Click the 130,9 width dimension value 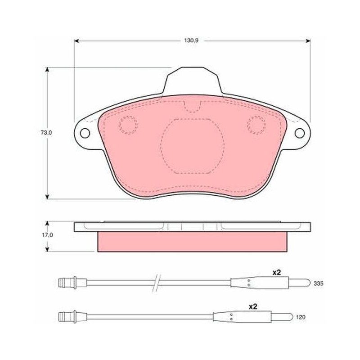(191, 40)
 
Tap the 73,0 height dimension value (46, 132)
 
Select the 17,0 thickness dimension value (47, 235)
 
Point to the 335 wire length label (319, 283)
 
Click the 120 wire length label (301, 317)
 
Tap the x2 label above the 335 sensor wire (276, 273)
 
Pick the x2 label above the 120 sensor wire (253, 306)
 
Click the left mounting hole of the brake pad (85, 133)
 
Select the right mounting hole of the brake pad (300, 133)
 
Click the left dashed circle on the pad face (128, 125)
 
